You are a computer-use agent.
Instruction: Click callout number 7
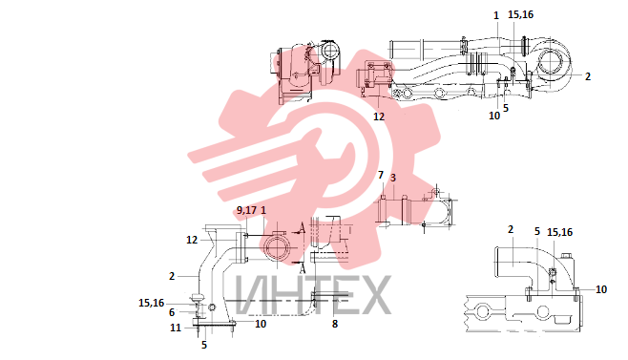(x=381, y=175)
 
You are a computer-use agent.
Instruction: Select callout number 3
(x=393, y=178)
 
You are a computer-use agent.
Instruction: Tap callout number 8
(x=335, y=324)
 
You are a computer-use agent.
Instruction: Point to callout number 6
(x=172, y=312)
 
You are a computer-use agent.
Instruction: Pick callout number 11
(x=176, y=328)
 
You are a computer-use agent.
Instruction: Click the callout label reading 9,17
(x=246, y=210)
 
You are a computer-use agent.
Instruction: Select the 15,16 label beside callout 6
(x=152, y=303)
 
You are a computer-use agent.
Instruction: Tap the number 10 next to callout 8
(x=261, y=324)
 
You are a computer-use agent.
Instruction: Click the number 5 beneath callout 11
(x=204, y=345)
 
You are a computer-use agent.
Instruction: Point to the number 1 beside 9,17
(x=263, y=210)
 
